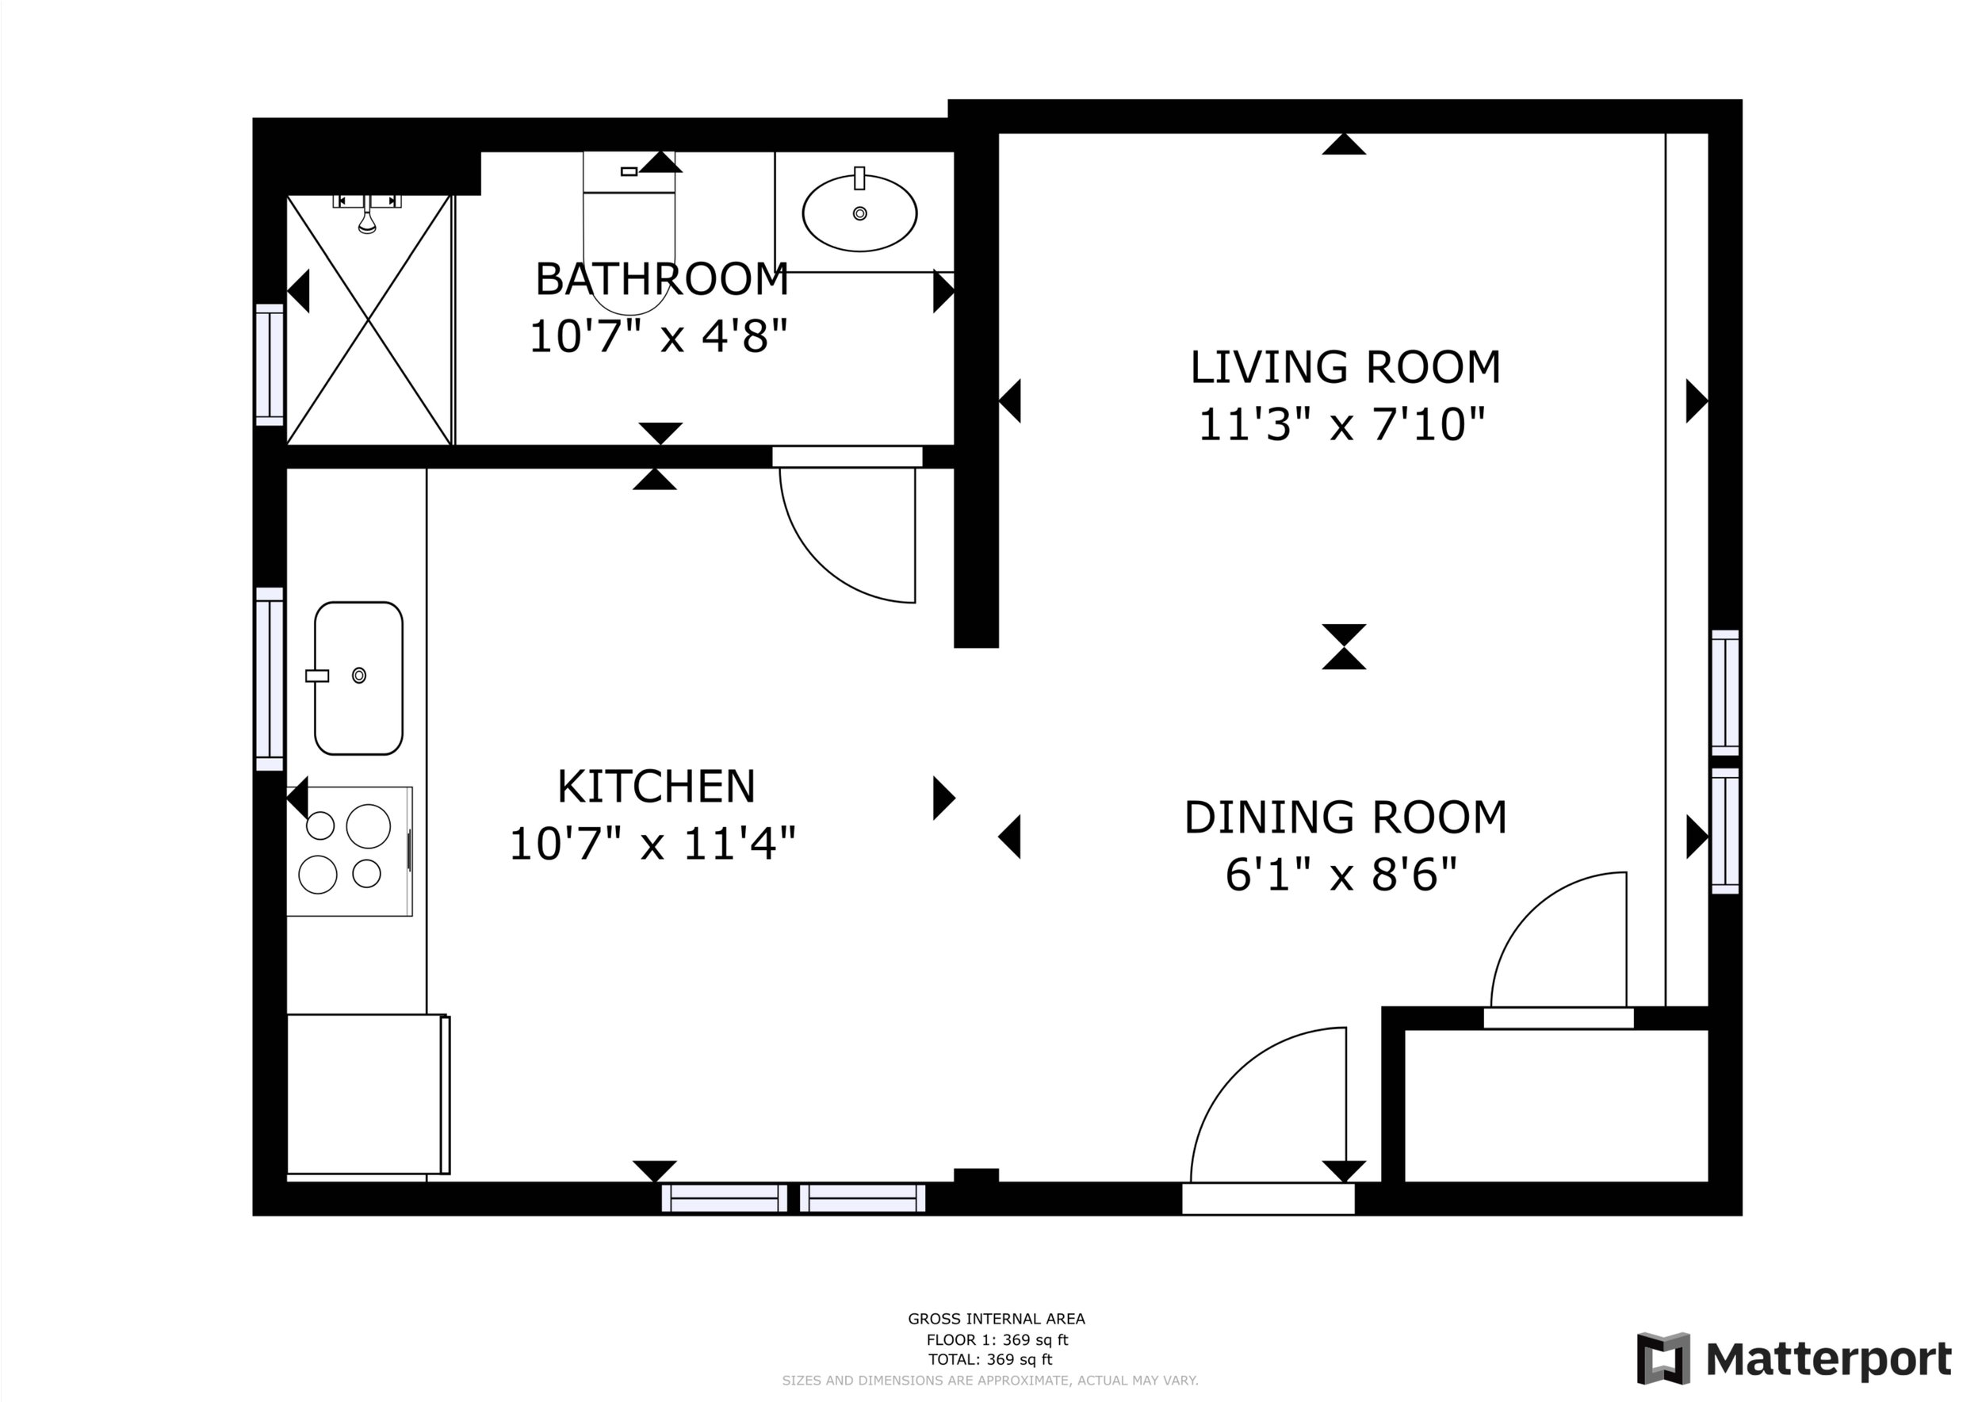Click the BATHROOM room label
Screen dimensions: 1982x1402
pos(662,279)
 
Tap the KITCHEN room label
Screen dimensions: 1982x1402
pos(656,787)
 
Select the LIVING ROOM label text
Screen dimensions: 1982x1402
pos(1345,367)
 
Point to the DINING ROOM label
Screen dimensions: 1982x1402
pos(1345,818)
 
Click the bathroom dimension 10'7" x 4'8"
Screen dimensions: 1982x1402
pos(659,335)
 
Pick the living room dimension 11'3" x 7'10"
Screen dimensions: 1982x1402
pos(1342,424)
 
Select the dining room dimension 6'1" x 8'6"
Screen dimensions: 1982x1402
pos(1341,875)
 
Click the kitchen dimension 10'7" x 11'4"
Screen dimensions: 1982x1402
pos(652,844)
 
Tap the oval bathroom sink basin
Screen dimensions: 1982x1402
pos(859,213)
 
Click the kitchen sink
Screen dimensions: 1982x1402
pos(358,678)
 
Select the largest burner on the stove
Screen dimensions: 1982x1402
pos(369,826)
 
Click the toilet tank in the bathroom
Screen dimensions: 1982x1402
pos(629,172)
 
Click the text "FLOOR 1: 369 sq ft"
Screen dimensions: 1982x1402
pos(997,1340)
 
